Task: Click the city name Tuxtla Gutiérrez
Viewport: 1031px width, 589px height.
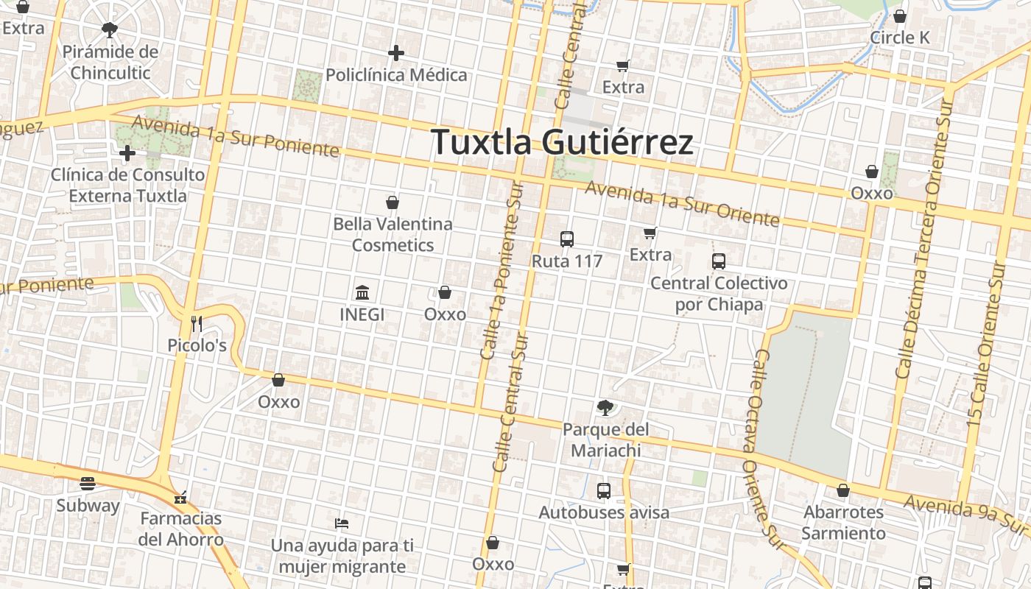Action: pos(562,141)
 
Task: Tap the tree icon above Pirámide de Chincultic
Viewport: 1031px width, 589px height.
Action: pos(110,30)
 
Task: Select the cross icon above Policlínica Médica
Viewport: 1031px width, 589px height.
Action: pos(396,53)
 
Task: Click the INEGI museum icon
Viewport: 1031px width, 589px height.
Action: pos(362,293)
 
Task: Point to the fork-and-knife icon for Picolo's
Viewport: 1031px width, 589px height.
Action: pos(197,323)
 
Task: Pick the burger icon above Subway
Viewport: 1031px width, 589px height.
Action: pos(88,484)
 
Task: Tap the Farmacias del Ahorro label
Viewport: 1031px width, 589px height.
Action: pos(181,529)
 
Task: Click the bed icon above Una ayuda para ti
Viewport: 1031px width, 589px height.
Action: pos(342,523)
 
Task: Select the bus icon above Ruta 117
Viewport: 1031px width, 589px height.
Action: pos(567,239)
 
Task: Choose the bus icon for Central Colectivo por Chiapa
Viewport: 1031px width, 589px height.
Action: pos(719,261)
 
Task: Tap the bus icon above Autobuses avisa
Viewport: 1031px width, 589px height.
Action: pos(604,490)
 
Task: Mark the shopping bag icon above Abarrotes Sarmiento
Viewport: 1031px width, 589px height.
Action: pos(843,490)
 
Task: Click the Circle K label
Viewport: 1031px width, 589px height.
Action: pos(900,38)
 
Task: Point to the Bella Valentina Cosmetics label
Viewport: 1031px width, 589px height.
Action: pos(393,234)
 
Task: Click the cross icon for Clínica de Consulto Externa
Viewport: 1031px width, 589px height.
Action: pos(127,153)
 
